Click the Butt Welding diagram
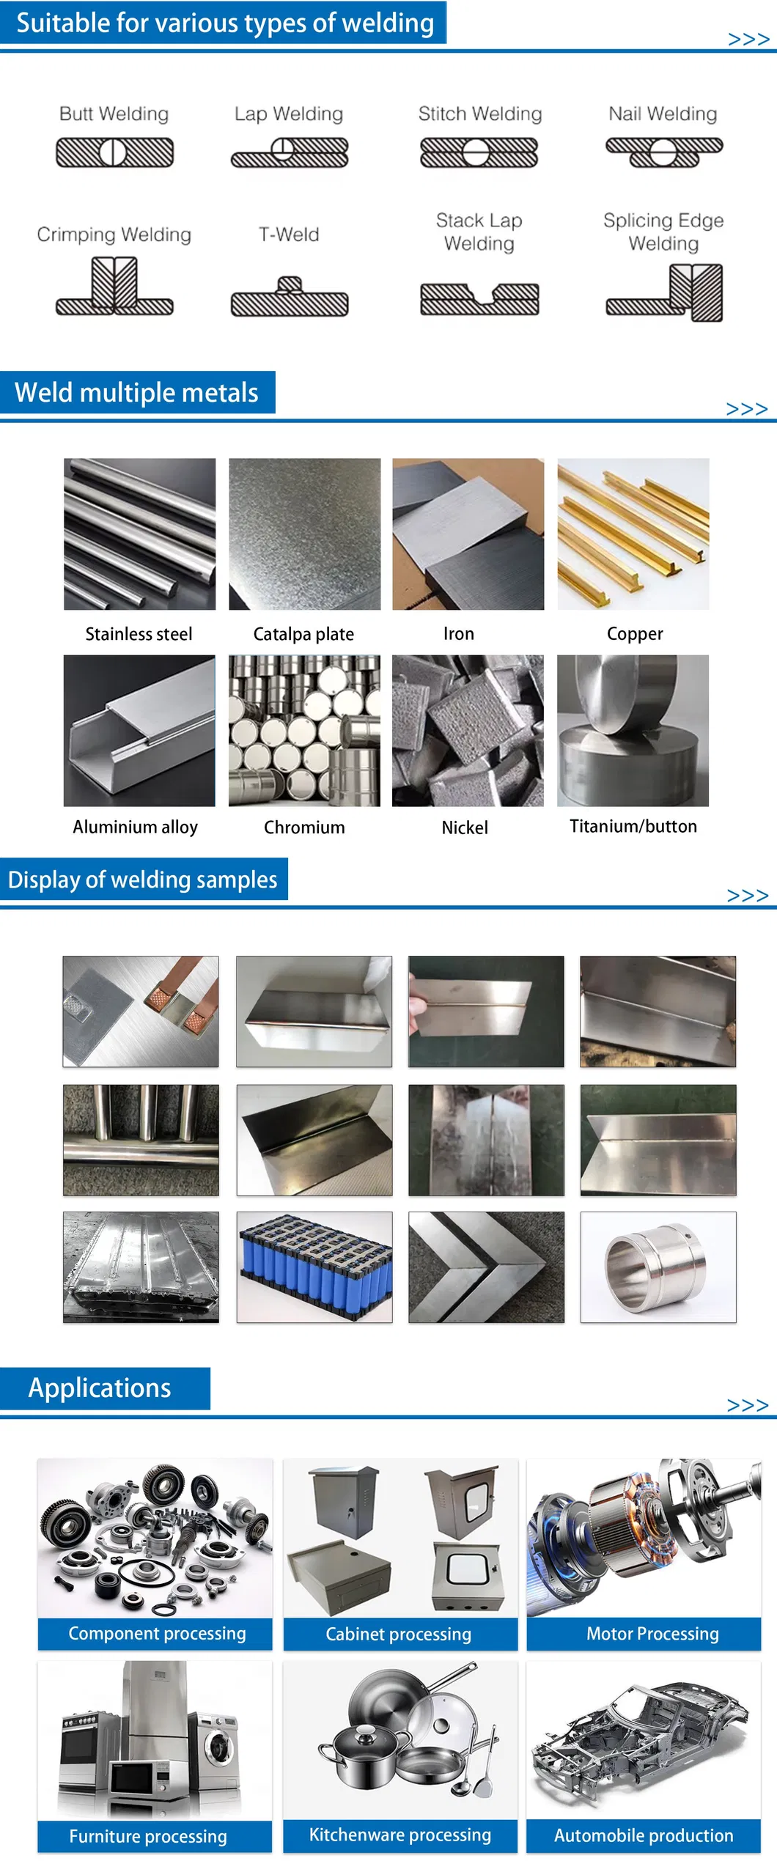(115, 152)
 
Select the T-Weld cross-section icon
(290, 297)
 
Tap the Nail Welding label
(663, 114)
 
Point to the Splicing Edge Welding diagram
(665, 292)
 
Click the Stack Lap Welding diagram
(479, 299)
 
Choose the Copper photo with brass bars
(633, 534)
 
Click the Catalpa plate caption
(303, 634)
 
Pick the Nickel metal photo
(468, 731)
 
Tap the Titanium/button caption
(633, 826)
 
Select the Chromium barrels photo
(304, 731)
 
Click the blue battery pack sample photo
(314, 1267)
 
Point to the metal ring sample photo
(658, 1267)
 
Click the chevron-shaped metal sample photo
(486, 1267)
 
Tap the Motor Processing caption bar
(644, 1634)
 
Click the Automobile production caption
(644, 1835)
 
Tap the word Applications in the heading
(100, 1388)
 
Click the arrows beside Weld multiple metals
(747, 409)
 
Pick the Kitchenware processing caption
(400, 1835)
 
